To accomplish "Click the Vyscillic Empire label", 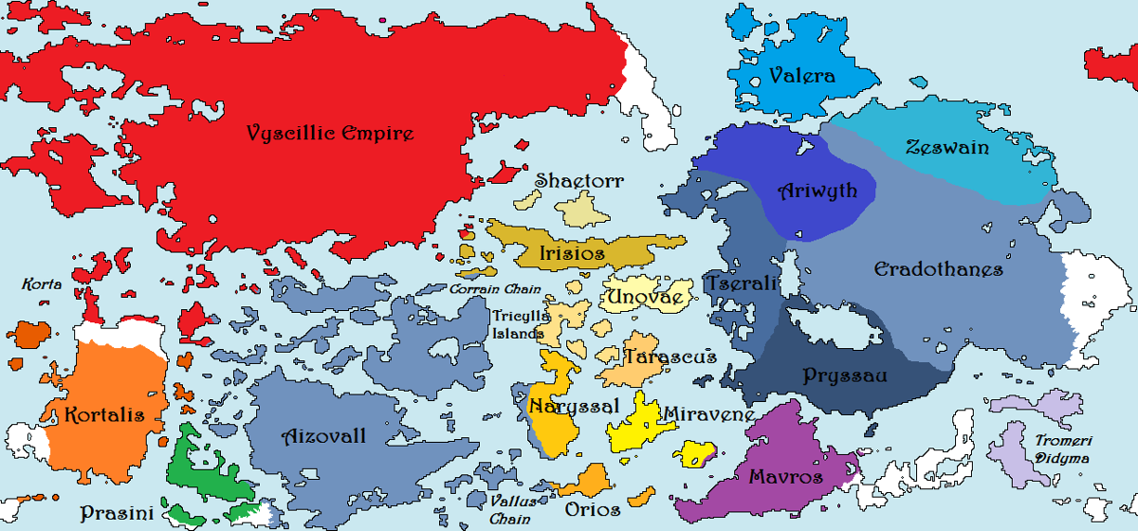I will [x=330, y=133].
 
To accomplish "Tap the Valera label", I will [x=802, y=77].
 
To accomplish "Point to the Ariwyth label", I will [x=817, y=191].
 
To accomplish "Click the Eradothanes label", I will [x=938, y=270].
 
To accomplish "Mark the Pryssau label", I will [x=845, y=375].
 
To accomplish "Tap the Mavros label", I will [x=785, y=476].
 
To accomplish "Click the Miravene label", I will [x=708, y=414].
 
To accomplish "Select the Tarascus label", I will [x=670, y=357].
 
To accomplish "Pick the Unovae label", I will [x=645, y=298].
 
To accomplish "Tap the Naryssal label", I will [x=574, y=406].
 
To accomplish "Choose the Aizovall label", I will [x=324, y=437].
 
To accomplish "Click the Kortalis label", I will [x=104, y=415].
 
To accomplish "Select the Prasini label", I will [x=117, y=513].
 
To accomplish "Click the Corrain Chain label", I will [x=495, y=289].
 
